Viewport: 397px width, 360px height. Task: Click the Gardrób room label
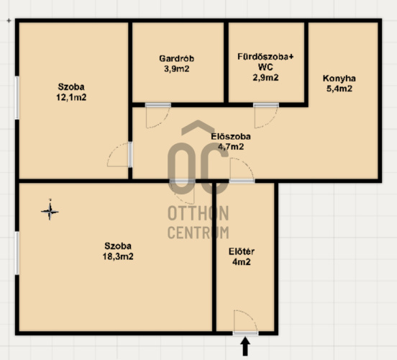pyautogui.click(x=177, y=58)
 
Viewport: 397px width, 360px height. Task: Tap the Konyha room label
pyautogui.click(x=339, y=78)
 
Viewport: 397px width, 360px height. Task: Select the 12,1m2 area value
pyautogui.click(x=71, y=97)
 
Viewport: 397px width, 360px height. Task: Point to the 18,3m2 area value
pyautogui.click(x=118, y=256)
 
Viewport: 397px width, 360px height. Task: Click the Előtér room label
pyautogui.click(x=242, y=251)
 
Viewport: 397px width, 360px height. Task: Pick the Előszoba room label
pyautogui.click(x=231, y=136)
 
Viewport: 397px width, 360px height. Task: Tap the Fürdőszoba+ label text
pyautogui.click(x=265, y=57)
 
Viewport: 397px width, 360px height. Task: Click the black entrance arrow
pyautogui.click(x=245, y=346)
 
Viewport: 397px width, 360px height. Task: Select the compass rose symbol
pyautogui.click(x=50, y=210)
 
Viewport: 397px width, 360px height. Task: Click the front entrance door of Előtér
pyautogui.click(x=245, y=333)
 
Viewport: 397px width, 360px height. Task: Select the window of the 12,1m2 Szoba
pyautogui.click(x=17, y=98)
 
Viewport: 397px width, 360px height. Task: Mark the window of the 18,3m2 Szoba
pyautogui.click(x=17, y=253)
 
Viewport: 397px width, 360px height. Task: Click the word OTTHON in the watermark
pyautogui.click(x=198, y=213)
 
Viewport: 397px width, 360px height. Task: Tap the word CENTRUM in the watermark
pyautogui.click(x=198, y=233)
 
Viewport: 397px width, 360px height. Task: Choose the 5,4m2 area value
pyautogui.click(x=339, y=89)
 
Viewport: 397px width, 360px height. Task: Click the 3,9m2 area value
pyautogui.click(x=177, y=69)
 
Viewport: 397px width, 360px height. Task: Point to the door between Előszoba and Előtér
pyautogui.click(x=242, y=181)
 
